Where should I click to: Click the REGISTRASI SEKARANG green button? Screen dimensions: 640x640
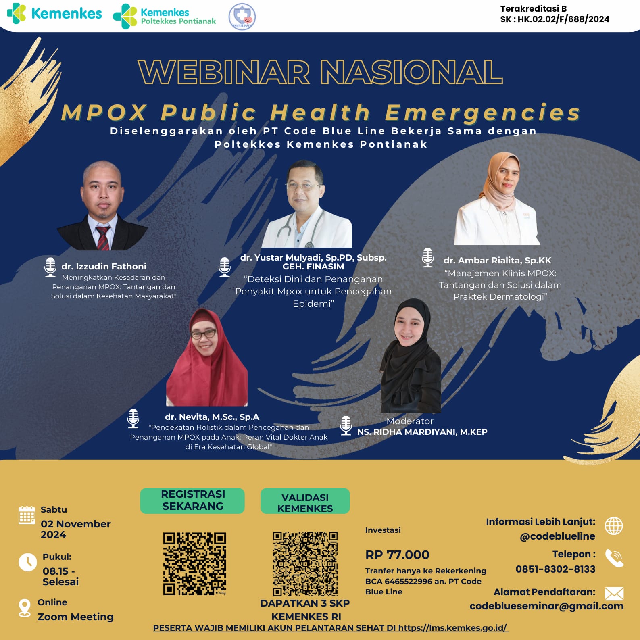tap(192, 500)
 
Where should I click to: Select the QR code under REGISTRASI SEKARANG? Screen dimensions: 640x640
tap(194, 563)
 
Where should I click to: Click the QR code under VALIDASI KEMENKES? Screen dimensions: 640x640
tap(305, 564)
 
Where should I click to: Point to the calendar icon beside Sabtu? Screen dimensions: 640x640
tap(27, 515)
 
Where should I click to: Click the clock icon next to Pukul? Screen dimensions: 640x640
tap(28, 562)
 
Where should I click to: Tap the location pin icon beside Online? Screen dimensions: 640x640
tap(25, 608)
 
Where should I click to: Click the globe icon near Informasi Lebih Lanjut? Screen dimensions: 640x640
tap(614, 526)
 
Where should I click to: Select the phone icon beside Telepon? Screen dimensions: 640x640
tap(614, 558)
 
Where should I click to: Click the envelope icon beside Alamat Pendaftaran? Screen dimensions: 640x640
tap(614, 594)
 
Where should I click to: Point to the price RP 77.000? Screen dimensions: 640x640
tap(397, 555)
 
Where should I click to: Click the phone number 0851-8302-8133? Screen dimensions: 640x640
tap(555, 569)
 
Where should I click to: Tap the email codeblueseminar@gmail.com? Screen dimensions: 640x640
tap(546, 606)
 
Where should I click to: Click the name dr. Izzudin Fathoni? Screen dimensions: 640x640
tap(104, 266)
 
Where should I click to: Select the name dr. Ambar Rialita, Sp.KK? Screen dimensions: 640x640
tap(497, 261)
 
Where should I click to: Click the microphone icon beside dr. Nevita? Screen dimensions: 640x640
tap(133, 418)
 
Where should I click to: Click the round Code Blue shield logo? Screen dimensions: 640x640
tap(242, 17)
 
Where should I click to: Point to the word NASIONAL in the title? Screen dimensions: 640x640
tap(411, 72)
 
